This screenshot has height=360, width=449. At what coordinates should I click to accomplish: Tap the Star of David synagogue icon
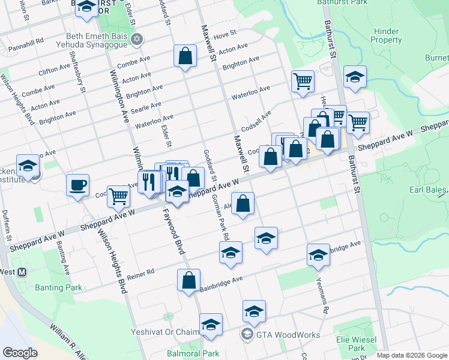click(x=137, y=40)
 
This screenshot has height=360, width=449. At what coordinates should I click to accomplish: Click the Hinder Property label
click(x=386, y=35)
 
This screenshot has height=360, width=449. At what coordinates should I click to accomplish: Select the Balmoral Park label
click(x=193, y=354)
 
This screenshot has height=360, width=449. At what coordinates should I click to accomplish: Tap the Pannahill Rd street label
click(x=26, y=42)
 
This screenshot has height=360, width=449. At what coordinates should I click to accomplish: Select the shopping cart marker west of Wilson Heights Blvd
click(x=118, y=196)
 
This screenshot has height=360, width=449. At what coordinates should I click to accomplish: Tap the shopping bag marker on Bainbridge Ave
click(x=188, y=280)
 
